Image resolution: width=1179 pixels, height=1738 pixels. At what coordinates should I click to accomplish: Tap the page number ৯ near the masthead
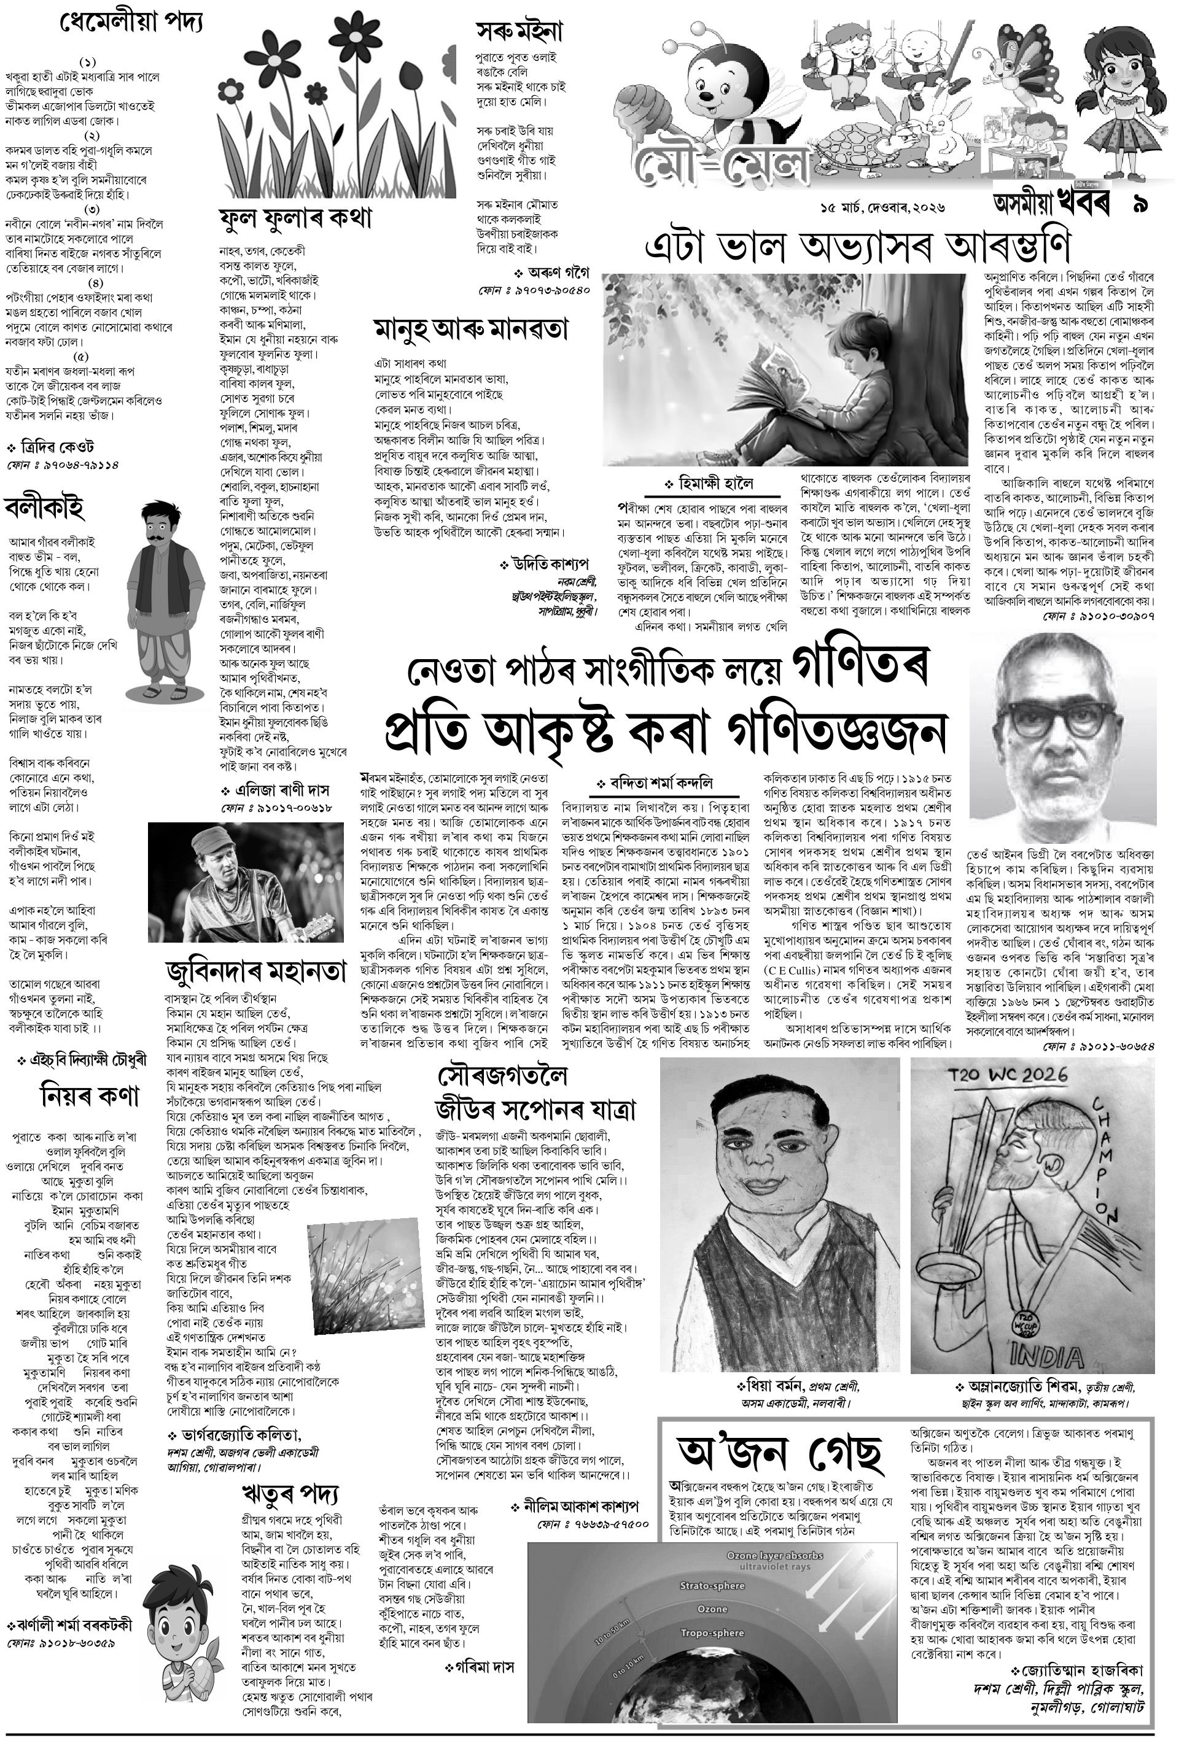(x=1142, y=204)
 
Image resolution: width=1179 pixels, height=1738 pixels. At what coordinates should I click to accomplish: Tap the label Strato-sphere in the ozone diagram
(x=712, y=1585)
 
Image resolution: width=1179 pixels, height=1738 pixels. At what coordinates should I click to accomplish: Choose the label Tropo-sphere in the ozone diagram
(x=712, y=1632)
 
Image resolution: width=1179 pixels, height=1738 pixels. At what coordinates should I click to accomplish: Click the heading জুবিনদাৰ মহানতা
(x=256, y=972)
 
